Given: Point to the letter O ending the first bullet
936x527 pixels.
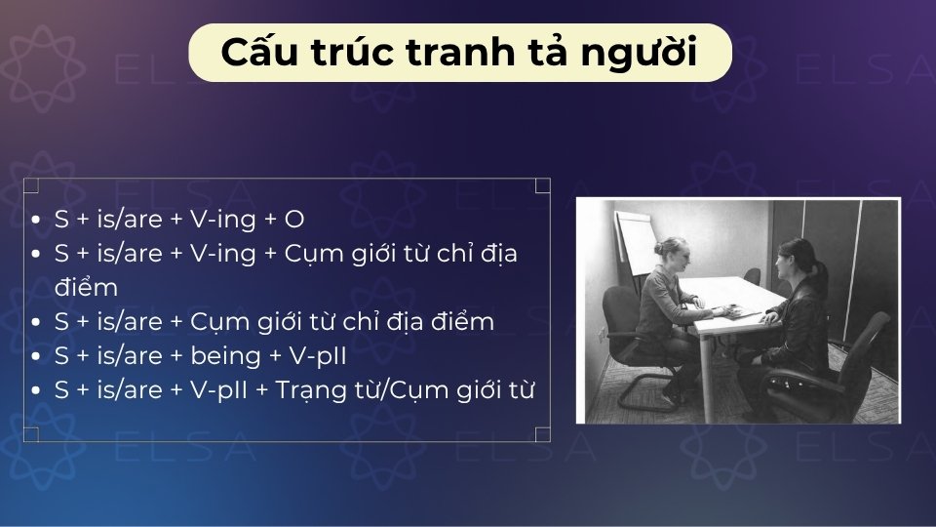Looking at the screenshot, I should [294, 221].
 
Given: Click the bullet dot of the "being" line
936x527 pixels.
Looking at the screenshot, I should [36, 356].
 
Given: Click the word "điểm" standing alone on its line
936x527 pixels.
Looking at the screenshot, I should [86, 288].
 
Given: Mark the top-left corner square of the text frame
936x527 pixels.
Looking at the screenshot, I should [31, 185].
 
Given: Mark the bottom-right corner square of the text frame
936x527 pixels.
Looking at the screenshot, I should [543, 434].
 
